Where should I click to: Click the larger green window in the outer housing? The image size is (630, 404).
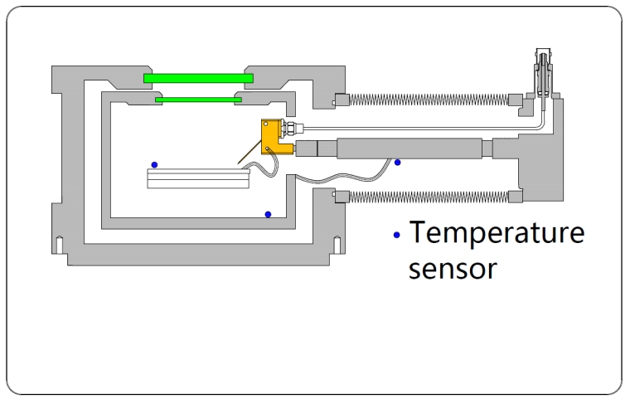click(198, 78)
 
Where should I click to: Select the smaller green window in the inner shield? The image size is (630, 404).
click(198, 100)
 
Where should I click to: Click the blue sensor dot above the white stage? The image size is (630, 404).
click(154, 164)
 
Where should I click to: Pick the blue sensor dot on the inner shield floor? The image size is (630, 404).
click(268, 214)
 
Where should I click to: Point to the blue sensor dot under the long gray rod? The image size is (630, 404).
click(397, 163)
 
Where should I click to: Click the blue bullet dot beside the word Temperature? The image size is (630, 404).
click(397, 236)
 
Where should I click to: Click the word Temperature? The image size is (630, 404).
click(497, 233)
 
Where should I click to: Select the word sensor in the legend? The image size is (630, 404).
click(453, 269)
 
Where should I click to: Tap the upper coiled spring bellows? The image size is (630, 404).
click(425, 100)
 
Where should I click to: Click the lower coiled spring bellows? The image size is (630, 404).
click(425, 196)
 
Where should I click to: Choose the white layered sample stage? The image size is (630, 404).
click(198, 178)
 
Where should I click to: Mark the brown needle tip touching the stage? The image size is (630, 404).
click(239, 163)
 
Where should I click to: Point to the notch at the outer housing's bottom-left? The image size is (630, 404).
click(59, 243)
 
